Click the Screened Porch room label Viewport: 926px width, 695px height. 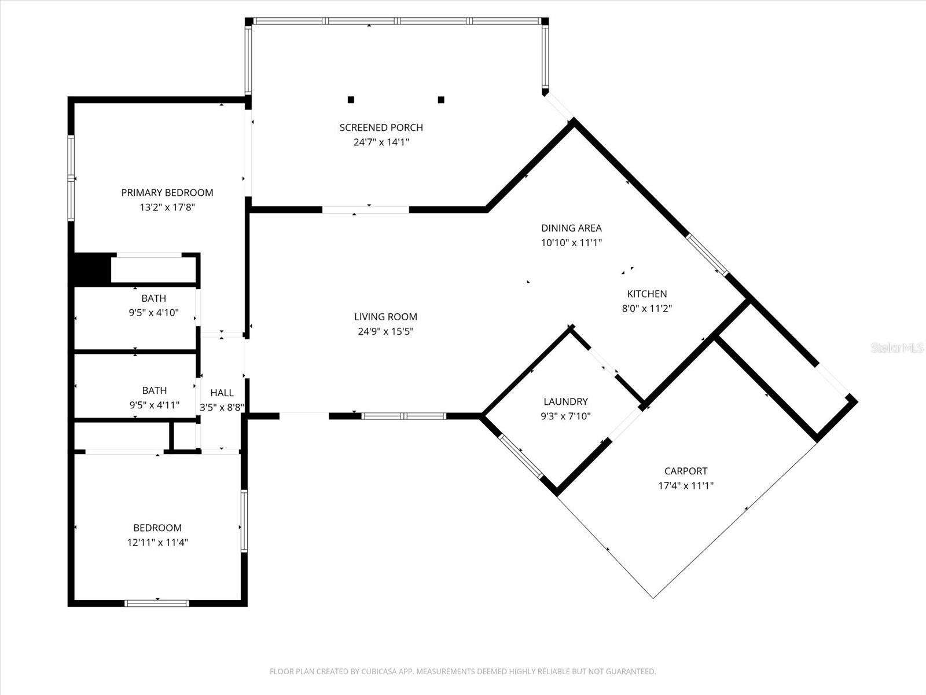click(381, 127)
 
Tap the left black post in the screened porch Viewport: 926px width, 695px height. click(351, 100)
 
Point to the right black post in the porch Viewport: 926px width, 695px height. click(441, 100)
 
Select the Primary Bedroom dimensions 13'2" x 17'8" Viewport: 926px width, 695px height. click(167, 207)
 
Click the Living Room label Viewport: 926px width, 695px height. click(385, 317)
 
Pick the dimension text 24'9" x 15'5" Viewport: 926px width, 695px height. click(385, 332)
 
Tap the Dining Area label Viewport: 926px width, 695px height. click(571, 228)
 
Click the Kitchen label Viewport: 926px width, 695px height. click(647, 294)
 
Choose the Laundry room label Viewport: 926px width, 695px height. click(565, 401)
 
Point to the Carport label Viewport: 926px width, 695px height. click(686, 471)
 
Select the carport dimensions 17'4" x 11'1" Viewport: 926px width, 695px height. click(686, 486)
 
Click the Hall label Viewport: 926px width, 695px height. click(222, 393)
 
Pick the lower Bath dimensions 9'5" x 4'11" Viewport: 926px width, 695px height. click(155, 405)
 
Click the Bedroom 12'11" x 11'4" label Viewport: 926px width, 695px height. click(157, 528)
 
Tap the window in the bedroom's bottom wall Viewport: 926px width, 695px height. click(157, 603)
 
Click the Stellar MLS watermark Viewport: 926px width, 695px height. click(897, 348)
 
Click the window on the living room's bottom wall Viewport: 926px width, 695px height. click(404, 416)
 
